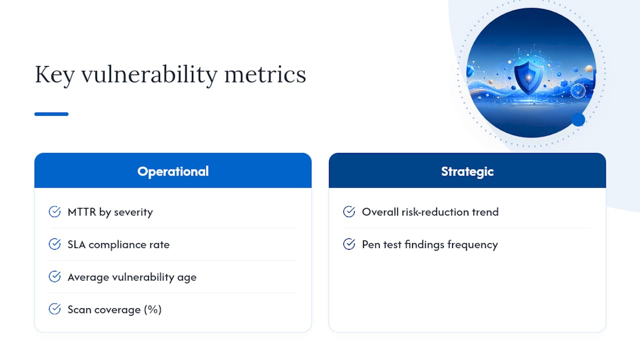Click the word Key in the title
54,75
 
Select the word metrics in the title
265,75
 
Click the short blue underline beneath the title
51,114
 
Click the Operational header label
173,171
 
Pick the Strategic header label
467,171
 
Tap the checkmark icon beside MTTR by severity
54,211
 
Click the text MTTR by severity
110,212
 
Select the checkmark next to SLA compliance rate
54,244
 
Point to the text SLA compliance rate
118,245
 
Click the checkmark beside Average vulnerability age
54,276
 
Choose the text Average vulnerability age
132,277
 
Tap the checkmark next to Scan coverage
54,309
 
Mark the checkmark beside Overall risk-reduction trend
349,211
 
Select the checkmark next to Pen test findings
349,244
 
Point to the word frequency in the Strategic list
472,245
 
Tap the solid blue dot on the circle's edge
578,119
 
